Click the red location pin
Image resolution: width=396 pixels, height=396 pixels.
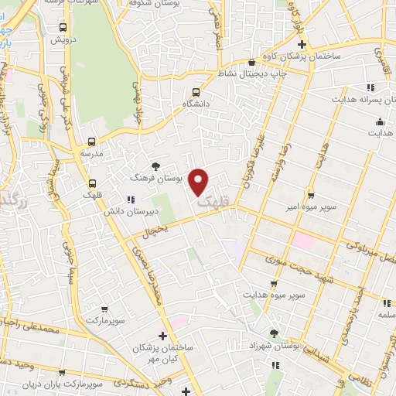coord(200,182)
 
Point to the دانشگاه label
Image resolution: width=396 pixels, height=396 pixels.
coord(196,103)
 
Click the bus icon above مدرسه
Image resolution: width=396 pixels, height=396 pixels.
coord(92,142)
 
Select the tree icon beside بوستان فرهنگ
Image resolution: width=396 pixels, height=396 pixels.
coord(156,166)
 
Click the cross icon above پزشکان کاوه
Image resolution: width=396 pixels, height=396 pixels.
coord(302,43)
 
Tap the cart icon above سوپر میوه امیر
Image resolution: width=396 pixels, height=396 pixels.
coord(310,195)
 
